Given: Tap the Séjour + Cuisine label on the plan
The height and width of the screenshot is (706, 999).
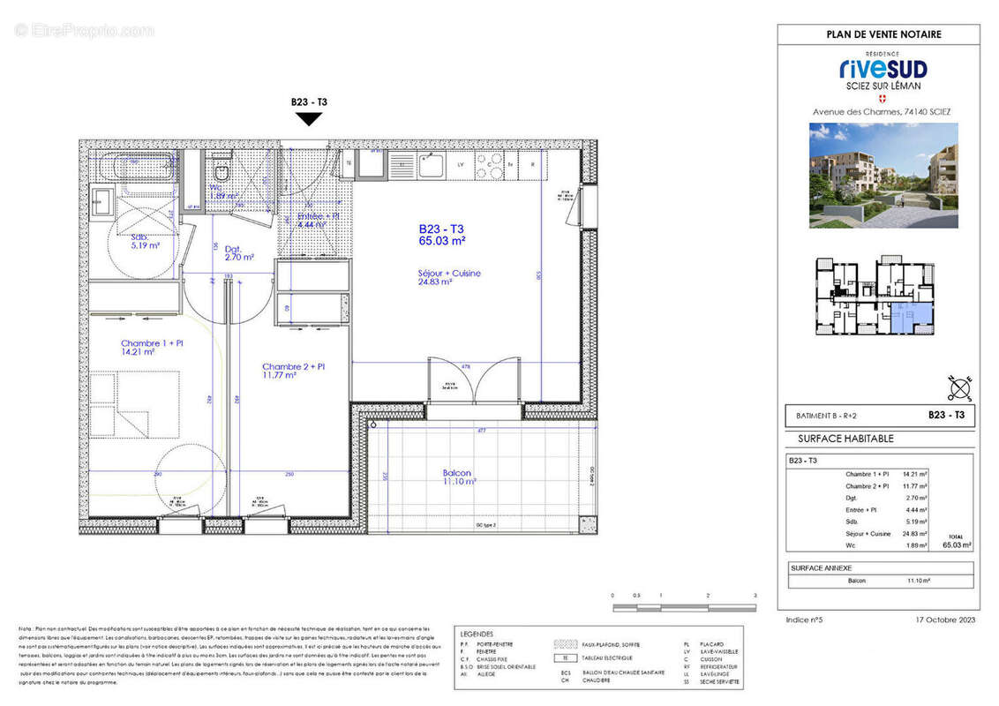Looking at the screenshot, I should pos(448,278).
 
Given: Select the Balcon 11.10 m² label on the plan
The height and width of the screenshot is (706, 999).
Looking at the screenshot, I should pos(459,477).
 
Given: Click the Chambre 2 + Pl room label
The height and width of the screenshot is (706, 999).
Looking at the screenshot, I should pos(293,371).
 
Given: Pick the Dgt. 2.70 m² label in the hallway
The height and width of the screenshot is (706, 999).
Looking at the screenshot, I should pos(238,253).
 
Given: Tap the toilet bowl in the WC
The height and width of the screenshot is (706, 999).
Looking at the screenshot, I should pos(222,169).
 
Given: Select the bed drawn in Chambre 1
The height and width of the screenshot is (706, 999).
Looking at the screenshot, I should pos(135,404).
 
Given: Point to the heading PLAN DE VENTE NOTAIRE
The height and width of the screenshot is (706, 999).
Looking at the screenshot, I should pos(883,34).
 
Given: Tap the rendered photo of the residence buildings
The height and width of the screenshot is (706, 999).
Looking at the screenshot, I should pos(883,175).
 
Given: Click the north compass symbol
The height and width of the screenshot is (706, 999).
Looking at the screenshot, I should pos(961,386).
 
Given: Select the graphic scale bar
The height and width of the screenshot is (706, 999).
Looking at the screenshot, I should pos(684,607).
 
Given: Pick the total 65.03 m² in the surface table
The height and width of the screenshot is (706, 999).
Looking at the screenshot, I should pos(957,546).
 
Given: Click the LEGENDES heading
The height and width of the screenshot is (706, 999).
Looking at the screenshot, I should pos(477,634).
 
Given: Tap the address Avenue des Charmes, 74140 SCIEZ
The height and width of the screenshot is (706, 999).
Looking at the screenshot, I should pos(882,112).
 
